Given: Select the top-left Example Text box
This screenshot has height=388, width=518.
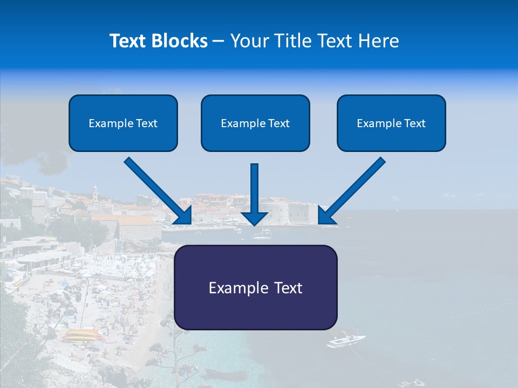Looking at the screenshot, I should (x=123, y=123).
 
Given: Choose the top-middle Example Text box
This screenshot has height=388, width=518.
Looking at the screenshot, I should (x=255, y=123).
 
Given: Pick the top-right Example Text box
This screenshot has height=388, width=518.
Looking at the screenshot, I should (x=391, y=123).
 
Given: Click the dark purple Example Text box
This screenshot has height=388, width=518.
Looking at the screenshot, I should (x=255, y=287).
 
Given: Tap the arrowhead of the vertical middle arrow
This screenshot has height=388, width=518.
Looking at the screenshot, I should (x=255, y=218).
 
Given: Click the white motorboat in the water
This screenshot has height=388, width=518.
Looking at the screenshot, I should (x=345, y=341).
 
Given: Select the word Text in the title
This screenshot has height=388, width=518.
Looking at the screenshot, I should (x=128, y=41).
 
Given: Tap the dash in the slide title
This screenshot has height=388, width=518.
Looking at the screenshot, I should (x=219, y=41).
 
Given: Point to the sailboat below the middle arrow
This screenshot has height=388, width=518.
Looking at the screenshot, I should (x=262, y=234).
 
